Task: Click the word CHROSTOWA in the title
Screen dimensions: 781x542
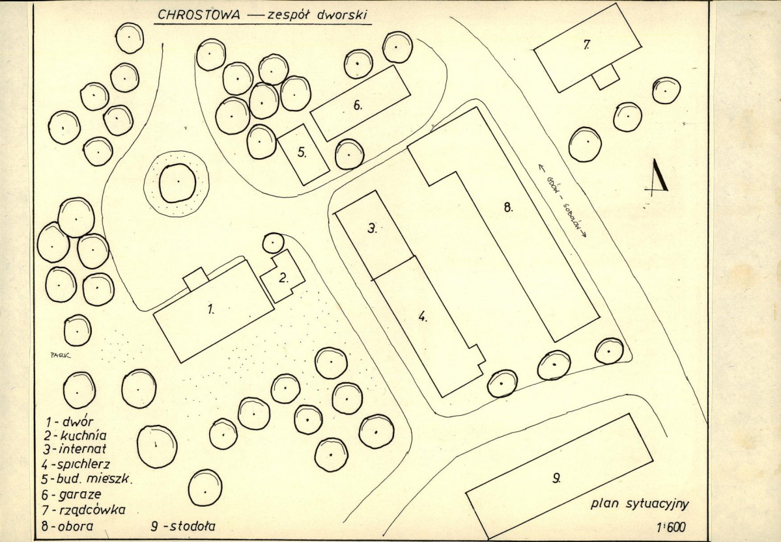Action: (x=199, y=15)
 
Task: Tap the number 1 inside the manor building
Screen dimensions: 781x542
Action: (x=210, y=310)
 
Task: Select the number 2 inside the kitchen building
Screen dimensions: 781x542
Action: (x=283, y=278)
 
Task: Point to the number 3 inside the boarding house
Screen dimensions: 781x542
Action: (x=373, y=228)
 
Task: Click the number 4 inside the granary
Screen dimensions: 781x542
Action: (x=422, y=316)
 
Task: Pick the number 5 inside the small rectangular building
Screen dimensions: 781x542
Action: (x=302, y=152)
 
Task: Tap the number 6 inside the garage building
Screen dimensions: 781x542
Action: (x=357, y=105)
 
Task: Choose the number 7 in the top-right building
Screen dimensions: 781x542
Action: (x=587, y=44)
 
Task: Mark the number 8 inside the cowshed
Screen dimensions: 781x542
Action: (x=508, y=208)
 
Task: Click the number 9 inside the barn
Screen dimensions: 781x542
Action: (x=556, y=478)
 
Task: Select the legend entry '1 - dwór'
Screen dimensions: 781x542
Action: (x=69, y=422)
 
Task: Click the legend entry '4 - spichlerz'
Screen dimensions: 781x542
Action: (x=75, y=465)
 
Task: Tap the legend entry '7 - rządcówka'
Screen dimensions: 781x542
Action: (x=83, y=510)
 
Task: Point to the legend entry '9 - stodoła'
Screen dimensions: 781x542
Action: (x=183, y=526)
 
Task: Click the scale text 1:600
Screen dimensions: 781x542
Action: (x=671, y=527)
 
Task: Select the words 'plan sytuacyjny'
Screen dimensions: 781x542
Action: (x=640, y=504)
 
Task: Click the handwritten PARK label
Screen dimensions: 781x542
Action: (x=61, y=355)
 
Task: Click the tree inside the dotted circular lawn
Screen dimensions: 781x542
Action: (x=177, y=183)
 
